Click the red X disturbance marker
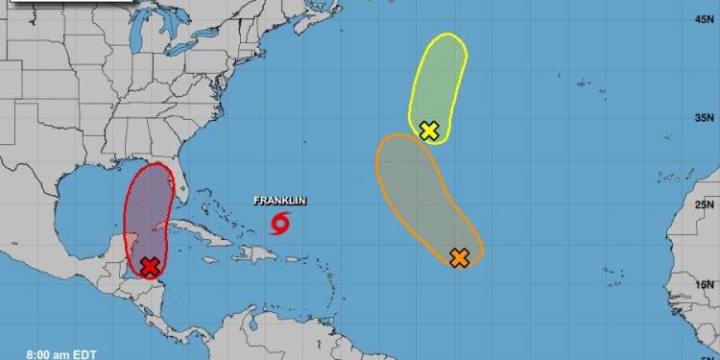[x=150, y=267]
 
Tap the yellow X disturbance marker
[x=429, y=131]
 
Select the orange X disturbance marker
[x=460, y=257]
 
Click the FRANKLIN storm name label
[x=279, y=202]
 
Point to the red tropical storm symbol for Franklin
[x=279, y=225]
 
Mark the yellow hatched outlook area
[x=442, y=77]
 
